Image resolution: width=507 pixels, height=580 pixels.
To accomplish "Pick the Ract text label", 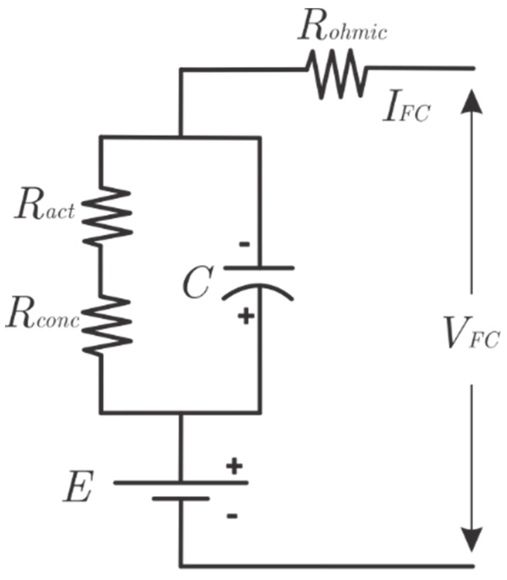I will click(44, 209).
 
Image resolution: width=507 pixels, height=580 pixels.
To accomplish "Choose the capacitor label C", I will click(196, 282).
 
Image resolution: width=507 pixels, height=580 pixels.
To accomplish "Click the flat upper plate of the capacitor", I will click(259, 268).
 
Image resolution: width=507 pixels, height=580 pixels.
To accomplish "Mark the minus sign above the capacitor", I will click(245, 244).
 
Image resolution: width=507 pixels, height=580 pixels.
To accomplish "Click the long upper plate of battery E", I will click(181, 483).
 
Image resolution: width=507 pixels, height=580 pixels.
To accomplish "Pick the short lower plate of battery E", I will click(181, 498).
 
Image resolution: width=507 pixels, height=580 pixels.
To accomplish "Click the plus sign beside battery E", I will click(234, 467).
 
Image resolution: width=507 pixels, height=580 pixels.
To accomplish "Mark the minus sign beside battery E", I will click(232, 516).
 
